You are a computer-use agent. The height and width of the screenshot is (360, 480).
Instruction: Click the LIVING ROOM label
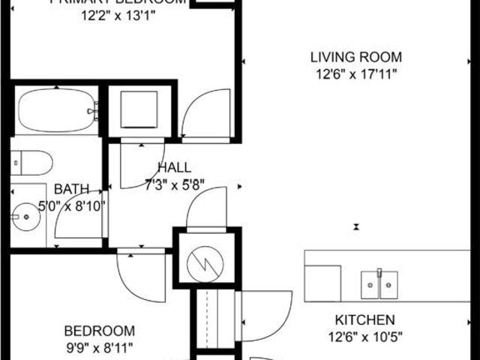[357, 57]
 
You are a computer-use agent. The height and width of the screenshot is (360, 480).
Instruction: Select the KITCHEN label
[364, 319]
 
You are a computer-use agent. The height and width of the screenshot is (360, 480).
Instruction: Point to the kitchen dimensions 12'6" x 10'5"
[364, 336]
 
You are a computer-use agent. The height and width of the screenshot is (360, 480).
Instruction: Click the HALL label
[174, 168]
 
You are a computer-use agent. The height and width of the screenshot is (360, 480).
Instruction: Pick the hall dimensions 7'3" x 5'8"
[174, 184]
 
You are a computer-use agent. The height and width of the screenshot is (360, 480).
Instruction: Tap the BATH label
[72, 189]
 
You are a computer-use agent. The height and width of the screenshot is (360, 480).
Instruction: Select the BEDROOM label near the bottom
[100, 331]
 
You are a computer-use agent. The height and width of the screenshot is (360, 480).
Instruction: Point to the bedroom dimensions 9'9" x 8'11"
[100, 346]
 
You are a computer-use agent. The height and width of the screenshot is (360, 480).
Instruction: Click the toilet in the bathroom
[31, 162]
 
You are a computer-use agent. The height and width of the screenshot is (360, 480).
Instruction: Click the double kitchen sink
[380, 283]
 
